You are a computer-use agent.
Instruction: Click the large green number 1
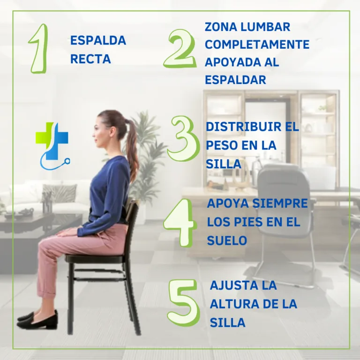pyautogui.click(x=39, y=49)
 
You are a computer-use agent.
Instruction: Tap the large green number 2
pyautogui.click(x=180, y=49)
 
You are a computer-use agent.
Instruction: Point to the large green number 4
pyautogui.click(x=180, y=223)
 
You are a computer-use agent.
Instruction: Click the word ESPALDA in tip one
pyautogui.click(x=98, y=41)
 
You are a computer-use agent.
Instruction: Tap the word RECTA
pyautogui.click(x=90, y=59)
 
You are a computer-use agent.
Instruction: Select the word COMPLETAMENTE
pyautogui.click(x=257, y=45)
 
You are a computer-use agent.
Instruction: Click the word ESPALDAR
pyautogui.click(x=235, y=80)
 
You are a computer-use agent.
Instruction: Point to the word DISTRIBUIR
pyautogui.click(x=243, y=127)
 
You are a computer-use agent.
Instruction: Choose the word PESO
pyautogui.click(x=222, y=145)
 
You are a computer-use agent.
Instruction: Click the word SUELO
pyautogui.click(x=227, y=240)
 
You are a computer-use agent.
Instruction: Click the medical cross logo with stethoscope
pyautogui.click(x=52, y=146)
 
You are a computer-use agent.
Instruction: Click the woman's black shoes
pyautogui.click(x=37, y=320)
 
